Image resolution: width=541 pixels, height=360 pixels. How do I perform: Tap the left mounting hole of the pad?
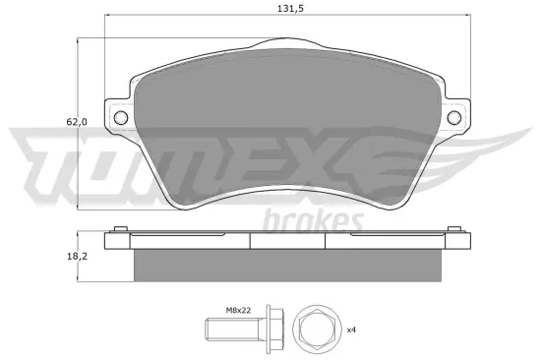click(x=122, y=118)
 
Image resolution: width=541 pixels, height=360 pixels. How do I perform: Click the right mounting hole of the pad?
click(x=455, y=118)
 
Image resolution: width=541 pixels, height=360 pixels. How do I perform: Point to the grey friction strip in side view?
click(x=288, y=263)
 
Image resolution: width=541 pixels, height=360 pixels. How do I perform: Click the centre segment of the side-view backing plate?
click(x=288, y=240)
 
